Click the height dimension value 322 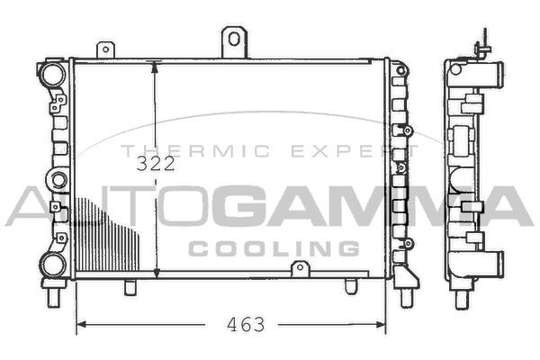click(156, 164)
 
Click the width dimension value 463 click(246, 325)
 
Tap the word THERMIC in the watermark click(195, 151)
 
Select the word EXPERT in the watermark click(355, 151)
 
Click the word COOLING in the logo click(274, 248)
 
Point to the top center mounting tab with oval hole click(234, 42)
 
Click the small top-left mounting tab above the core click(105, 50)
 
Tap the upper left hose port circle click(53, 74)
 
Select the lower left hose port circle click(53, 265)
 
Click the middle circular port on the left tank click(58, 180)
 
